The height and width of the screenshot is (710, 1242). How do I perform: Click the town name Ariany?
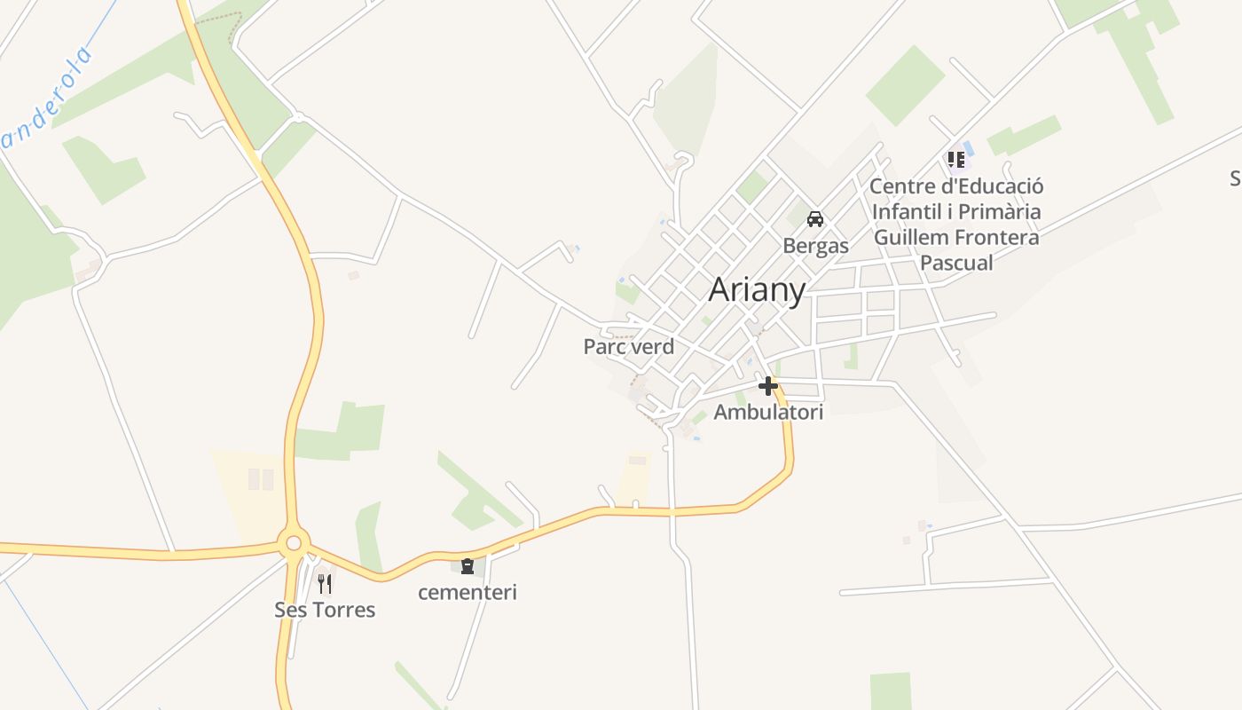click(x=757, y=289)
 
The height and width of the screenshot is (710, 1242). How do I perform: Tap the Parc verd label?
click(x=628, y=347)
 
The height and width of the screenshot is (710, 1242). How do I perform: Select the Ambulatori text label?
click(x=768, y=412)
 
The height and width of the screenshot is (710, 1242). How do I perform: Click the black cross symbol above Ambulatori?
click(x=768, y=386)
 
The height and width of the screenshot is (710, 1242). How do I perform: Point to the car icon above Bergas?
click(x=815, y=219)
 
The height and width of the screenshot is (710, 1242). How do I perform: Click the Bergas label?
click(x=815, y=245)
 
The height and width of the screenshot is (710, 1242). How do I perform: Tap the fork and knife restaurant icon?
click(x=325, y=583)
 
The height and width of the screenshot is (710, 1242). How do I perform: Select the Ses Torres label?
click(x=325, y=610)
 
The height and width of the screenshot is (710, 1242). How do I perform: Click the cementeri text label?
click(x=468, y=592)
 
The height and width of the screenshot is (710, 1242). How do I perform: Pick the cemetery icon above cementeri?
click(x=468, y=565)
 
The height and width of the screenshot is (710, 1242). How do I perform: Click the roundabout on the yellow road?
click(x=294, y=541)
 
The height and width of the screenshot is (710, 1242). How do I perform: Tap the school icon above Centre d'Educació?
click(x=955, y=160)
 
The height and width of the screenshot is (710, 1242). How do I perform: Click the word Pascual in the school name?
click(x=956, y=263)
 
